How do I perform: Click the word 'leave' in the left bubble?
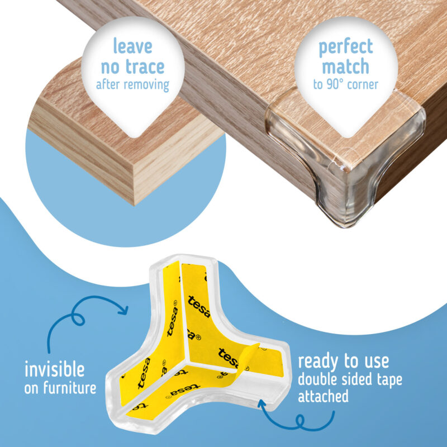(133, 46)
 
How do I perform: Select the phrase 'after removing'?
(132, 85)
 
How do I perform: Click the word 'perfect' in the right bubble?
(346, 48)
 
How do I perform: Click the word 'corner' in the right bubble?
(363, 85)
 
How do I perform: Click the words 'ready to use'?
(343, 362)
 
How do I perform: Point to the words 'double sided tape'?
(350, 379)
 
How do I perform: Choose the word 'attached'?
(323, 396)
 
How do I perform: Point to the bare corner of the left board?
(134, 204)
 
